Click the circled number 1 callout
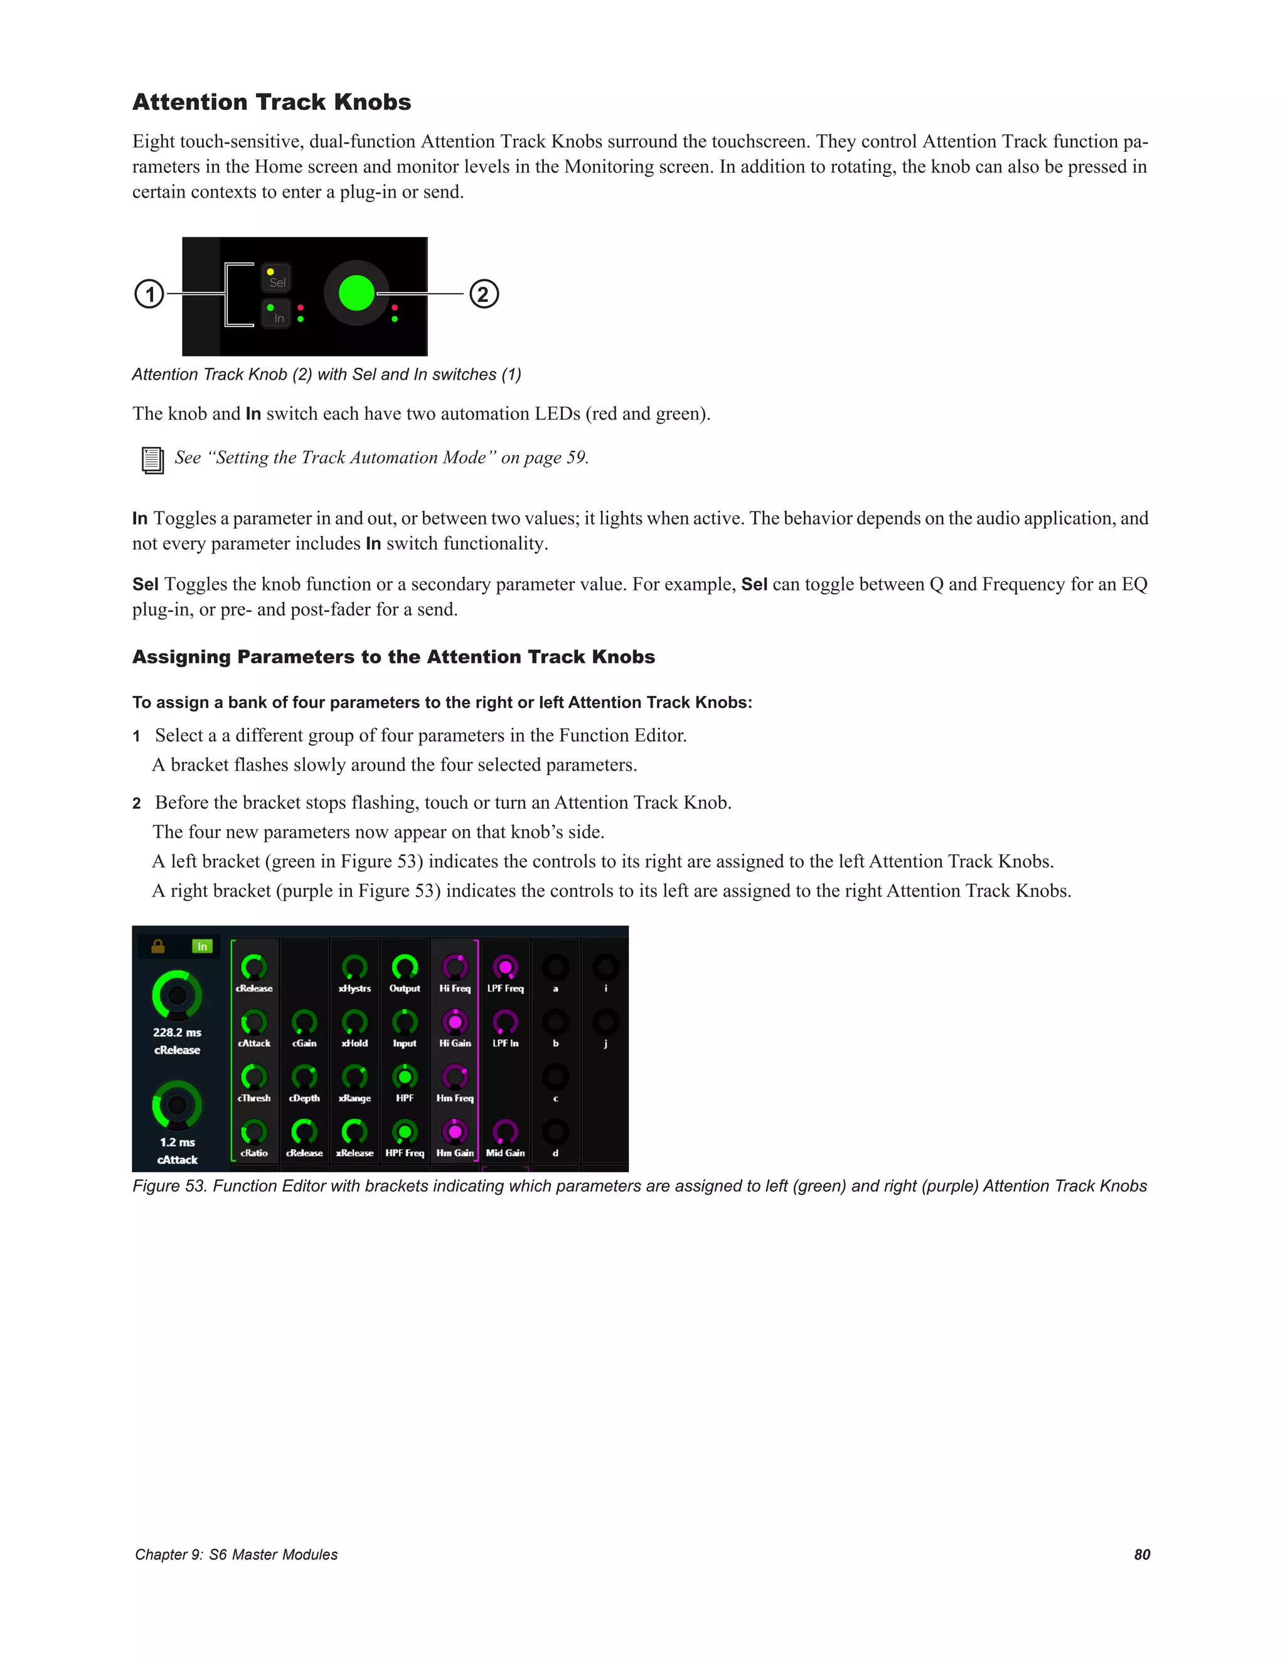pos(149,294)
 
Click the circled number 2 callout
pos(483,294)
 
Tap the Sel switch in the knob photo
pos(276,279)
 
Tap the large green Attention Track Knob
pos(356,293)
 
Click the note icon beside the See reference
pos(152,460)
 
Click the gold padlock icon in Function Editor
pos(157,946)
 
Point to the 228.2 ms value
pos(176,1032)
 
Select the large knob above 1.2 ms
pos(176,1104)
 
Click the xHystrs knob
pos(354,967)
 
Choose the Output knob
pos(404,967)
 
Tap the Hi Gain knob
pos(454,1022)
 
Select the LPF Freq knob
pos(504,967)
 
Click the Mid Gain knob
pos(504,1131)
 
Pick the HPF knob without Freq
pos(404,1077)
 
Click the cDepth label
pos(304,1098)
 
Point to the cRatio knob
pos(253,1131)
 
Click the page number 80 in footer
pos(1141,1554)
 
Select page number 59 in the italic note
pos(575,457)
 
